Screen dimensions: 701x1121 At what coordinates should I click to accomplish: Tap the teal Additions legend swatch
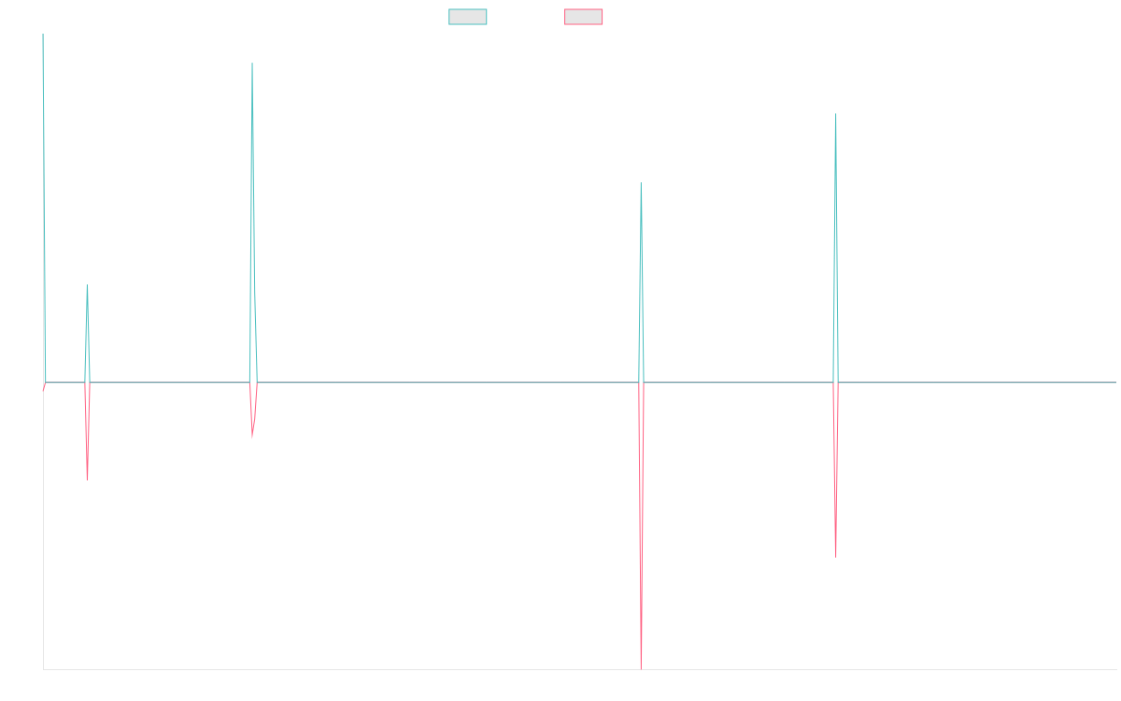pyautogui.click(x=469, y=17)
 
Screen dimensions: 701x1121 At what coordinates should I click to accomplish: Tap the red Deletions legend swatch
pyautogui.click(x=585, y=17)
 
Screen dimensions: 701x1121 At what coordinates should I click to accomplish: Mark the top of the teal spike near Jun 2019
pyautogui.click(x=252, y=64)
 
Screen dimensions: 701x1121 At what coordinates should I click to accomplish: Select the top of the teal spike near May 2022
pyautogui.click(x=641, y=184)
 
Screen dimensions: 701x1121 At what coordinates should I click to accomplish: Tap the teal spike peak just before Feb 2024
pyautogui.click(x=835, y=114)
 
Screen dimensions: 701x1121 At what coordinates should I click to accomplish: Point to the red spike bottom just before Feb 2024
pyautogui.click(x=835, y=557)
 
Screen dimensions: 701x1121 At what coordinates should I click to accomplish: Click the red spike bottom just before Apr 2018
pyautogui.click(x=87, y=479)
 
